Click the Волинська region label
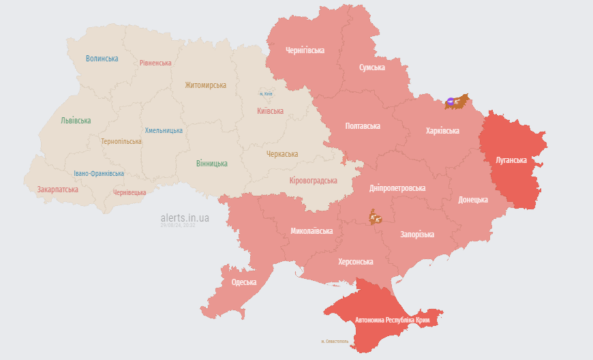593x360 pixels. tap(102, 59)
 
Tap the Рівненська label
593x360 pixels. tap(155, 63)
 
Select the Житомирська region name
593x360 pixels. tap(205, 85)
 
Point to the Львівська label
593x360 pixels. tap(76, 121)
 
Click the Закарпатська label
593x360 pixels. tap(58, 189)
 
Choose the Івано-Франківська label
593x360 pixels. tap(99, 173)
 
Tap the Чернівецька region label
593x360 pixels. tap(130, 192)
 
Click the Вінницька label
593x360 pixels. tap(212, 164)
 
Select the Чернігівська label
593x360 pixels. tap(305, 50)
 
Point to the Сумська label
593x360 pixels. tap(371, 67)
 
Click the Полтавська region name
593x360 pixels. tap(363, 126)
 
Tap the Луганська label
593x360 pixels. tap(511, 160)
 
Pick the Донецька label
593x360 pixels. tap(473, 200)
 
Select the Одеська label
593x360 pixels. tap(244, 282)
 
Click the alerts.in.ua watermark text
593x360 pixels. tap(185, 217)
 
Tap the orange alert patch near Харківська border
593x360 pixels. tap(456, 102)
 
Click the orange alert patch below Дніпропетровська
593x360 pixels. tap(376, 217)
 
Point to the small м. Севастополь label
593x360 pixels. tap(335, 341)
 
